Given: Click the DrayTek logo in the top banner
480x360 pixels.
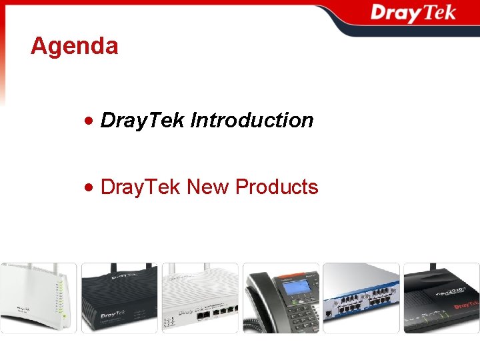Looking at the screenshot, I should click(413, 13).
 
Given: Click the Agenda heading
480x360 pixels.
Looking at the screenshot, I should click(75, 46).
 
